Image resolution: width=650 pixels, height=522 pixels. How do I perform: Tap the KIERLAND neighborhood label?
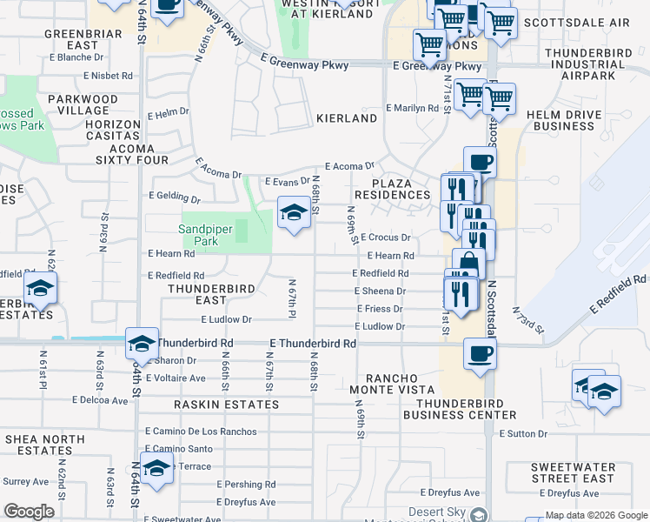[347, 118]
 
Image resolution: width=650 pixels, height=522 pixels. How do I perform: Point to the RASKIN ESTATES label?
[226, 405]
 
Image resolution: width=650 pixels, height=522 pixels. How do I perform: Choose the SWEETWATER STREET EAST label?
[573, 472]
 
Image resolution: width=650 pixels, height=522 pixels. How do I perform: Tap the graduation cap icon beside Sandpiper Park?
[294, 212]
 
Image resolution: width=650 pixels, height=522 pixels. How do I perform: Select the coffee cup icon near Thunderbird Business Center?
[480, 353]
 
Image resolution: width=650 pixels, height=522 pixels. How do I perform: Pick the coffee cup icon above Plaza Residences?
[480, 162]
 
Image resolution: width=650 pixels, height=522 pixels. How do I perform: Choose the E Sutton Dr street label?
[523, 432]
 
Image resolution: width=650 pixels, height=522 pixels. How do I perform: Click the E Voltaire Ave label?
[176, 378]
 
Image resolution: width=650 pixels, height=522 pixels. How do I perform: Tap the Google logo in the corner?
[29, 512]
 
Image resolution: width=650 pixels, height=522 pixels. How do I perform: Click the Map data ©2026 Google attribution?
[596, 515]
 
